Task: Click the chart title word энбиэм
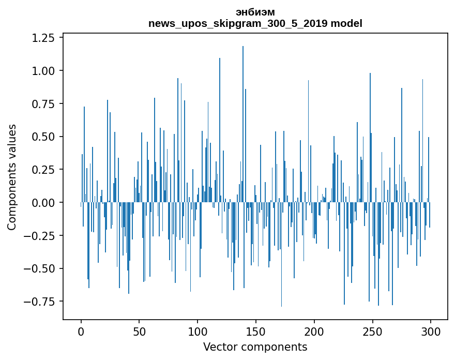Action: point(255,12)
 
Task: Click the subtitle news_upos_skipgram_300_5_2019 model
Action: point(255,23)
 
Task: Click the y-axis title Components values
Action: point(12,177)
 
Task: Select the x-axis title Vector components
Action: point(255,347)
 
